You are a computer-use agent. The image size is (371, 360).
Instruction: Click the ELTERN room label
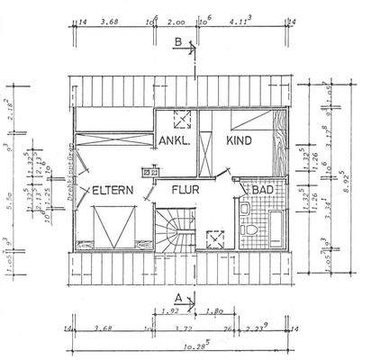coord(113,191)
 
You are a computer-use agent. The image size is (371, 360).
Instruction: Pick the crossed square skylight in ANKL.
coord(184,118)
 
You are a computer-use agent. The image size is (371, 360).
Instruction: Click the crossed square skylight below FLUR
coord(216,239)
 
